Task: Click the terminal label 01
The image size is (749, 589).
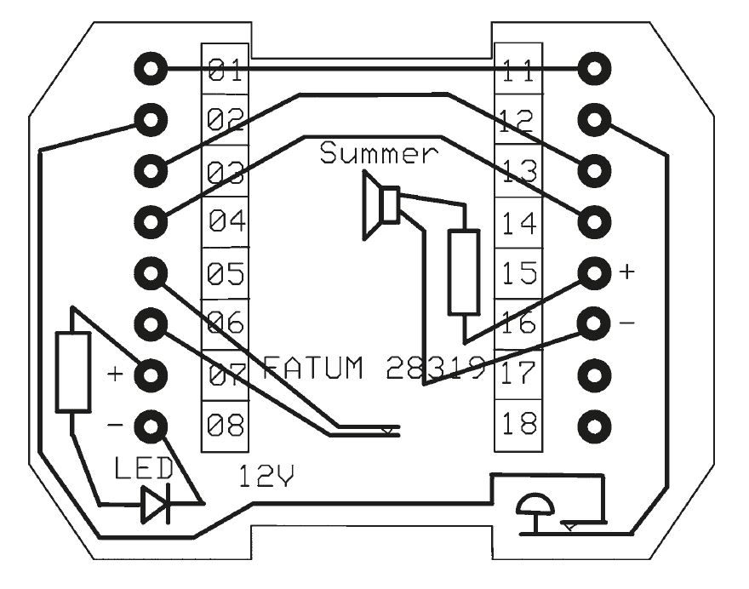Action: pyautogui.click(x=225, y=70)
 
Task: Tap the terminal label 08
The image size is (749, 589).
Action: pyautogui.click(x=226, y=425)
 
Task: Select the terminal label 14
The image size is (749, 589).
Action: pyautogui.click(x=519, y=223)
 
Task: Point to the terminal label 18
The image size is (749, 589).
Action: pyautogui.click(x=518, y=423)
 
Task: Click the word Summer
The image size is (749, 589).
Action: pyautogui.click(x=379, y=153)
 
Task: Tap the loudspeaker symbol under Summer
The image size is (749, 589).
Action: pyautogui.click(x=380, y=205)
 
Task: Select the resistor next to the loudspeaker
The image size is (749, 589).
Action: pyautogui.click(x=464, y=272)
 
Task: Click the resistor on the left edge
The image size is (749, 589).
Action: pyautogui.click(x=73, y=372)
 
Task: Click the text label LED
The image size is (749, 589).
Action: pyautogui.click(x=144, y=468)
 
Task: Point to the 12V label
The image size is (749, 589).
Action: pyautogui.click(x=266, y=476)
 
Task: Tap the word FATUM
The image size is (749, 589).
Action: pyautogui.click(x=313, y=368)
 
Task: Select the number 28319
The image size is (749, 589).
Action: pyautogui.click(x=435, y=368)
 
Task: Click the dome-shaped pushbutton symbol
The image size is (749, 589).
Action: pyautogui.click(x=535, y=506)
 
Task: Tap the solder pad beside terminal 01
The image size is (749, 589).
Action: pyautogui.click(x=151, y=69)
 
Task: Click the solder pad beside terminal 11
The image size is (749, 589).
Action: pyautogui.click(x=594, y=69)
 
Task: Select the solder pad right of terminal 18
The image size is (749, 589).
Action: pyautogui.click(x=594, y=426)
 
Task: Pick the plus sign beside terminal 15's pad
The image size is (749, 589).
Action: pyautogui.click(x=626, y=272)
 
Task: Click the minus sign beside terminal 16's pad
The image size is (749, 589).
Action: pyautogui.click(x=626, y=323)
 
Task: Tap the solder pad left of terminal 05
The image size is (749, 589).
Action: pyautogui.click(x=151, y=273)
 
